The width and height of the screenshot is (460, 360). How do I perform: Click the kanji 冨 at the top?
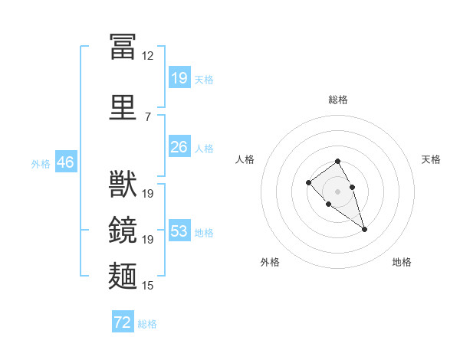click(123, 46)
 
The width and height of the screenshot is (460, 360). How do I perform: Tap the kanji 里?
click(123, 107)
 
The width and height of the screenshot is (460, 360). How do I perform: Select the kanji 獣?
click(123, 184)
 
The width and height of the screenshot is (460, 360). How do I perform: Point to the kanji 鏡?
click(123, 230)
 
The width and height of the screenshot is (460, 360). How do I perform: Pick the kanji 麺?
click(123, 276)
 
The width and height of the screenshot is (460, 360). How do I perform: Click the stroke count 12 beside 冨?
click(147, 56)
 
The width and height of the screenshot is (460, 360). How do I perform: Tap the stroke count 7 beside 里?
click(148, 117)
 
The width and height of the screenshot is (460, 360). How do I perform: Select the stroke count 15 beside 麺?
click(147, 285)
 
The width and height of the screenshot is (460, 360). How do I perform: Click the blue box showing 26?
click(180, 146)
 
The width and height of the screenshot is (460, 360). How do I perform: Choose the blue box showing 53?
click(180, 230)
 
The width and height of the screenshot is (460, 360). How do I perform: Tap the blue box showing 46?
click(66, 162)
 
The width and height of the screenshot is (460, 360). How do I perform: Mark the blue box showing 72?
click(123, 321)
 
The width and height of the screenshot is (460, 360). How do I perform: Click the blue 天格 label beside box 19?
click(204, 80)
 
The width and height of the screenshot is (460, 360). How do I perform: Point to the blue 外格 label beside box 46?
click(41, 164)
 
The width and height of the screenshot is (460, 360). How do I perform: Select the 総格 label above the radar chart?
click(338, 100)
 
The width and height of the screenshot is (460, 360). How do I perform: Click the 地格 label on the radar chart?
click(402, 262)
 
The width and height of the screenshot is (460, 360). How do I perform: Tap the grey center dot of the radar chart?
click(337, 191)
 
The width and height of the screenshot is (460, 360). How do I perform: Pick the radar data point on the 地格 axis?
click(364, 230)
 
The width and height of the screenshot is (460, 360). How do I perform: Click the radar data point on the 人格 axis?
click(308, 182)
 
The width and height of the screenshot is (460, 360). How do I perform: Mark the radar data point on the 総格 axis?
click(337, 161)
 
